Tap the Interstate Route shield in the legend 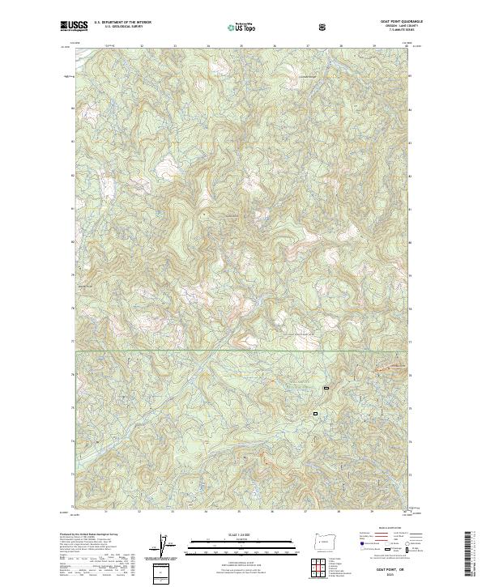355,549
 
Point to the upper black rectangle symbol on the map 326,388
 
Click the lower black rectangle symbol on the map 316,413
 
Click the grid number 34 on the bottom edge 206,511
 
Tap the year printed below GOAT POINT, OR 379,576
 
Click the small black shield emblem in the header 324,27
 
